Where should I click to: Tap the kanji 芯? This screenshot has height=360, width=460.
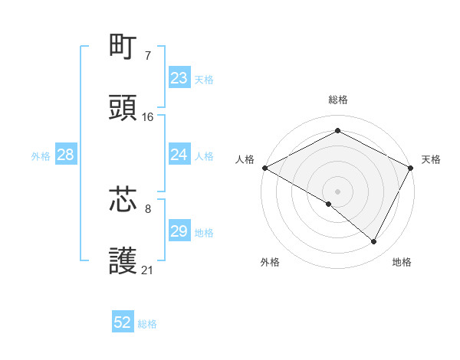pos(124,199)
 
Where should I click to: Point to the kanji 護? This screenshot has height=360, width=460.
pos(124,261)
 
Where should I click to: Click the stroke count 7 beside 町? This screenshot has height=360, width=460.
pos(147,55)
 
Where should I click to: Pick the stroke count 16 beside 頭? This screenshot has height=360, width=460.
pos(148,116)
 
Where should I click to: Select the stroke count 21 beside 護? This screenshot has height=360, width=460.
pos(148,270)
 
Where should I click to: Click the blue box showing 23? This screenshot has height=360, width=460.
pos(179,78)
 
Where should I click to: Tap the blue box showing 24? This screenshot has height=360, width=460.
pos(179,155)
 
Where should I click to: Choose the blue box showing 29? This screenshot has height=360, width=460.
pos(179,231)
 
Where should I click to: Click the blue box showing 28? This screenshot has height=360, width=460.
pos(66,155)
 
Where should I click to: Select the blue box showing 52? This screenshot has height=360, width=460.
pos(123,323)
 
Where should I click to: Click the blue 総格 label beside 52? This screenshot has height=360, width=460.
pos(148,324)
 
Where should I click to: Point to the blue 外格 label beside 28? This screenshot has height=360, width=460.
pos(41,155)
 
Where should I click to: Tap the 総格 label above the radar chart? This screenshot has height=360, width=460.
pos(337,100)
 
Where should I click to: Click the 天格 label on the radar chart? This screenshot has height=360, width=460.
pos(431,159)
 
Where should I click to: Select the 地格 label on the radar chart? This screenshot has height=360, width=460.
pos(402,262)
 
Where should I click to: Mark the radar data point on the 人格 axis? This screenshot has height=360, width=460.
pos(264,168)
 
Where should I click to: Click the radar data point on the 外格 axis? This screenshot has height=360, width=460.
pos(329,204)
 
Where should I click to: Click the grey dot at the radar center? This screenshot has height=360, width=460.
pos(337,191)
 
